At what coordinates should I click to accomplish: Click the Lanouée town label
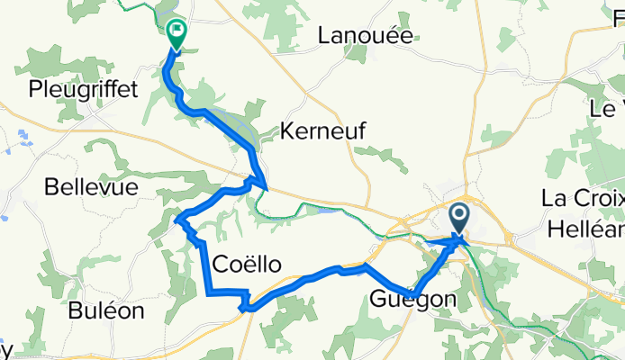[365, 36]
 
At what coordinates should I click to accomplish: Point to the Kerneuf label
[323, 130]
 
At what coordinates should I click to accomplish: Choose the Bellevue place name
[91, 187]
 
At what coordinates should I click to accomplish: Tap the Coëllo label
[248, 264]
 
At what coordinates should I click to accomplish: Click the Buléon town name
[107, 311]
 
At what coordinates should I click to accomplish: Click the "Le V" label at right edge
[606, 108]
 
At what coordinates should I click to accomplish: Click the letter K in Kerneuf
[288, 130]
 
